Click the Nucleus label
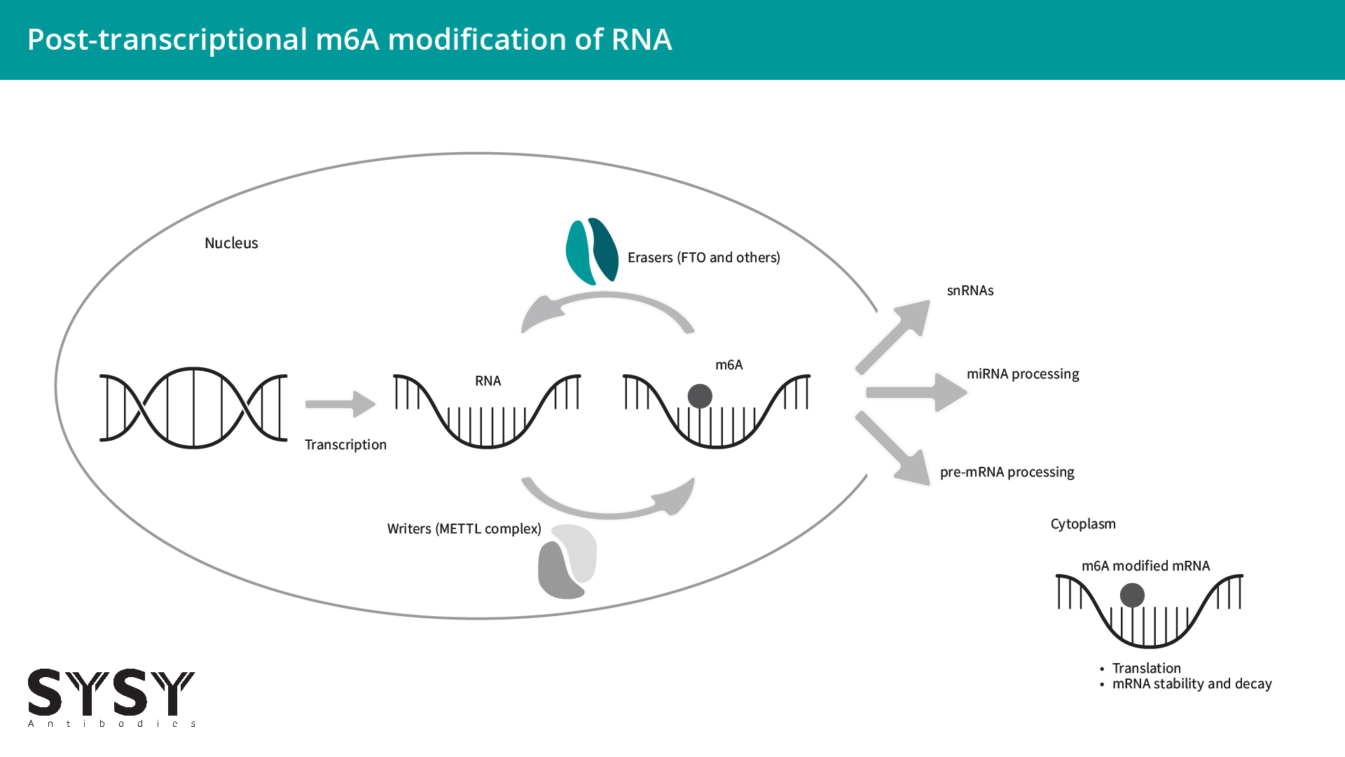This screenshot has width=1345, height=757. (231, 243)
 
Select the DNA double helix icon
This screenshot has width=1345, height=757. (193, 407)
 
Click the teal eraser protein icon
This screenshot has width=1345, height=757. (592, 251)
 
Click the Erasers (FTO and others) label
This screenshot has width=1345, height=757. (703, 258)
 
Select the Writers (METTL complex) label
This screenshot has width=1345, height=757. (464, 529)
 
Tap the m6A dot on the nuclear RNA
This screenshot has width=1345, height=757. (700, 396)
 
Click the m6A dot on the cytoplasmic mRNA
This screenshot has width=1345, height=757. (1132, 596)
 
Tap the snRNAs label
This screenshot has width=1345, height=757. (970, 291)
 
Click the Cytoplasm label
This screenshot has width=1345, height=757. (1083, 524)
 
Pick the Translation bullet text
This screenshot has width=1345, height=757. (1146, 668)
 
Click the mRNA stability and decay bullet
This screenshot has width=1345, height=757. (1192, 684)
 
